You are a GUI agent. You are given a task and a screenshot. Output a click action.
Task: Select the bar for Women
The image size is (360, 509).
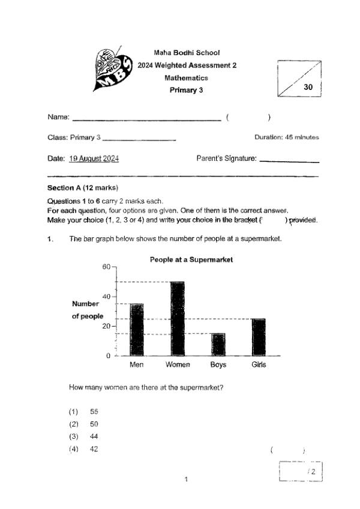click(178, 318)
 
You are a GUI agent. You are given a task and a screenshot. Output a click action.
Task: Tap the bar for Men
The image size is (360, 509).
click(137, 330)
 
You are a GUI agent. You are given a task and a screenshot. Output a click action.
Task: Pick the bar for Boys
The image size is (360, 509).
click(218, 345)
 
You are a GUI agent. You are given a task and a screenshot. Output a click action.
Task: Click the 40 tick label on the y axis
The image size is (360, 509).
click(107, 297)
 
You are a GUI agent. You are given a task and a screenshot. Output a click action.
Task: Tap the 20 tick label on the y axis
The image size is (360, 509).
click(107, 326)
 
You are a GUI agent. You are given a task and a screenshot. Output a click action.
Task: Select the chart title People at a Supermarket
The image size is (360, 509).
click(191, 260)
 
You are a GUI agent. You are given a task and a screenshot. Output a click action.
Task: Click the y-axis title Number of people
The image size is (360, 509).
click(88, 310)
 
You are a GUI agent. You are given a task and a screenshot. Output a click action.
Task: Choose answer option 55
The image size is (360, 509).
click(94, 412)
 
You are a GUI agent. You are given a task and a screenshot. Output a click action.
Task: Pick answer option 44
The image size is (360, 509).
click(94, 436)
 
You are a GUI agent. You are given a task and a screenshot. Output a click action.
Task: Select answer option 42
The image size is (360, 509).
click(94, 449)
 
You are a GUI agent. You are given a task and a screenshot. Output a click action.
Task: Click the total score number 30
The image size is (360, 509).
click(308, 86)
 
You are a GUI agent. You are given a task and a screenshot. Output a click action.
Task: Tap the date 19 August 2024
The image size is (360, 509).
click(94, 159)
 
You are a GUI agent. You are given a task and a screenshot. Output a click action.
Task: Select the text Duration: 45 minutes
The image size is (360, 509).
click(286, 137)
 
